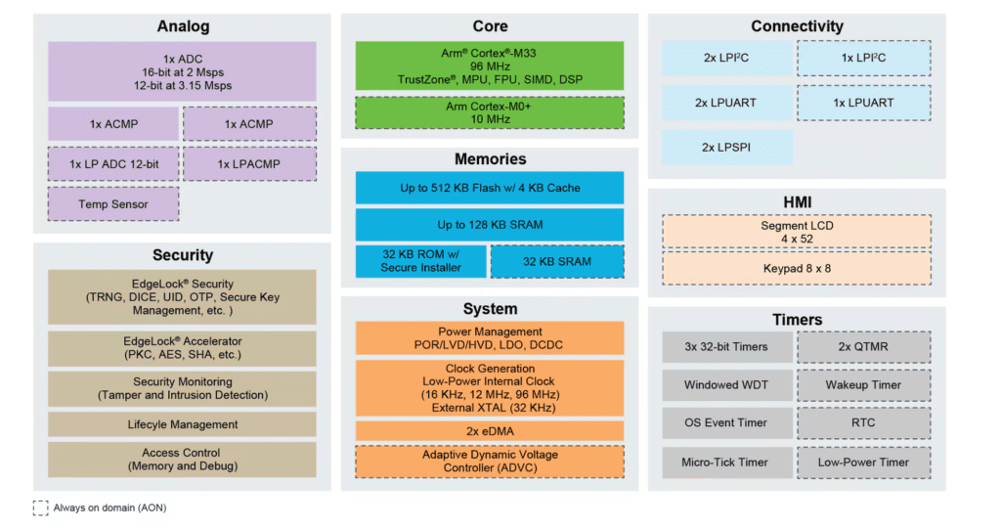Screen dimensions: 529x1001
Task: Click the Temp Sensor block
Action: coord(113,204)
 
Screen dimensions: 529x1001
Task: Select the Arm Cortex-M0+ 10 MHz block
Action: coord(489,112)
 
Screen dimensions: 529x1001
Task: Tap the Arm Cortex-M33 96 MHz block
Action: coord(489,66)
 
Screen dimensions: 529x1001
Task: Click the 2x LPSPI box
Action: coord(724,148)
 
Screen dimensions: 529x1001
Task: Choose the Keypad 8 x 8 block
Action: coord(797,267)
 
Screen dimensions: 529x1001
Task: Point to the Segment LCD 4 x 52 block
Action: coord(797,232)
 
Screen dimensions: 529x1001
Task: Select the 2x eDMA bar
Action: coord(489,431)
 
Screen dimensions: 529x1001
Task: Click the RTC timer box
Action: coord(863,423)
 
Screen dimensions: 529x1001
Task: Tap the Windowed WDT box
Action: coord(725,385)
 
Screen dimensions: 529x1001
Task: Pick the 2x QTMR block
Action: coord(863,347)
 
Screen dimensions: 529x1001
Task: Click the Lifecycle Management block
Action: coord(183,424)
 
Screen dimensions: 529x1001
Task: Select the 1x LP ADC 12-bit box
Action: coord(113,164)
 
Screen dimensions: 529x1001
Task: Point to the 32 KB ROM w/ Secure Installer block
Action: coord(420,261)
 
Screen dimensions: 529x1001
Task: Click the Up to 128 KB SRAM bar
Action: coord(489,225)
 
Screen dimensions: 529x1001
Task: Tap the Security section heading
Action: coord(183,255)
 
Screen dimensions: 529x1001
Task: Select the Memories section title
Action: coord(490,159)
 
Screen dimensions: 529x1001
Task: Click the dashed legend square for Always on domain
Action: coord(40,507)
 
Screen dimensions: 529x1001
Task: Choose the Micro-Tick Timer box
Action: coord(725,463)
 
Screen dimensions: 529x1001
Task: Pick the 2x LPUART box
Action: coord(724,103)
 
